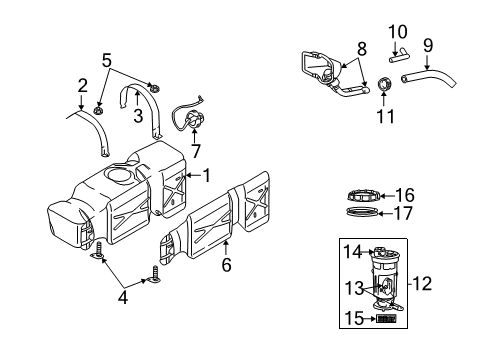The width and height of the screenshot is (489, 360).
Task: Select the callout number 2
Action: [x=83, y=85]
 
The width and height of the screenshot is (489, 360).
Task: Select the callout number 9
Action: [x=428, y=45]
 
